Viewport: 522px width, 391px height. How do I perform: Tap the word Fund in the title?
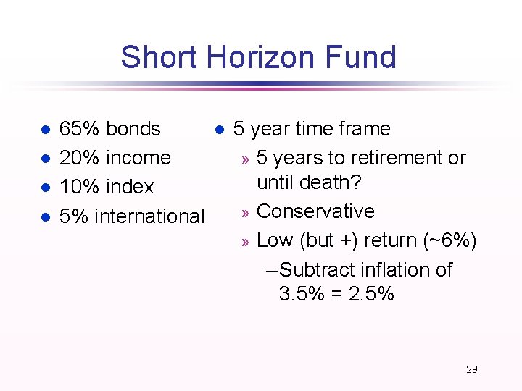click(x=366, y=57)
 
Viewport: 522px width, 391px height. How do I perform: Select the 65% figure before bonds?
click(x=79, y=129)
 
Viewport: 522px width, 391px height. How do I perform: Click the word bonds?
click(x=133, y=129)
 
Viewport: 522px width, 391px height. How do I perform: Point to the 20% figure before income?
click(x=79, y=158)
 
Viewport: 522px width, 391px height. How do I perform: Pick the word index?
click(x=130, y=187)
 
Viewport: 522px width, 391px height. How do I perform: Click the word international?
click(x=149, y=216)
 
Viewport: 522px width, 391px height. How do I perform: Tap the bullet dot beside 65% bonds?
click(x=45, y=130)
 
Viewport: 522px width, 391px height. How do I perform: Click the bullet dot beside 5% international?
click(x=45, y=217)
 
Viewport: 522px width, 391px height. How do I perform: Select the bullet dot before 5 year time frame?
click(x=219, y=130)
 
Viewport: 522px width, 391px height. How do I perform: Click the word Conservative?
click(x=315, y=211)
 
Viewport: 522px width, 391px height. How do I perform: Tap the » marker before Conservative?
click(x=246, y=213)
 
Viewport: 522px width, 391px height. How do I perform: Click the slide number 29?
click(x=472, y=369)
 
